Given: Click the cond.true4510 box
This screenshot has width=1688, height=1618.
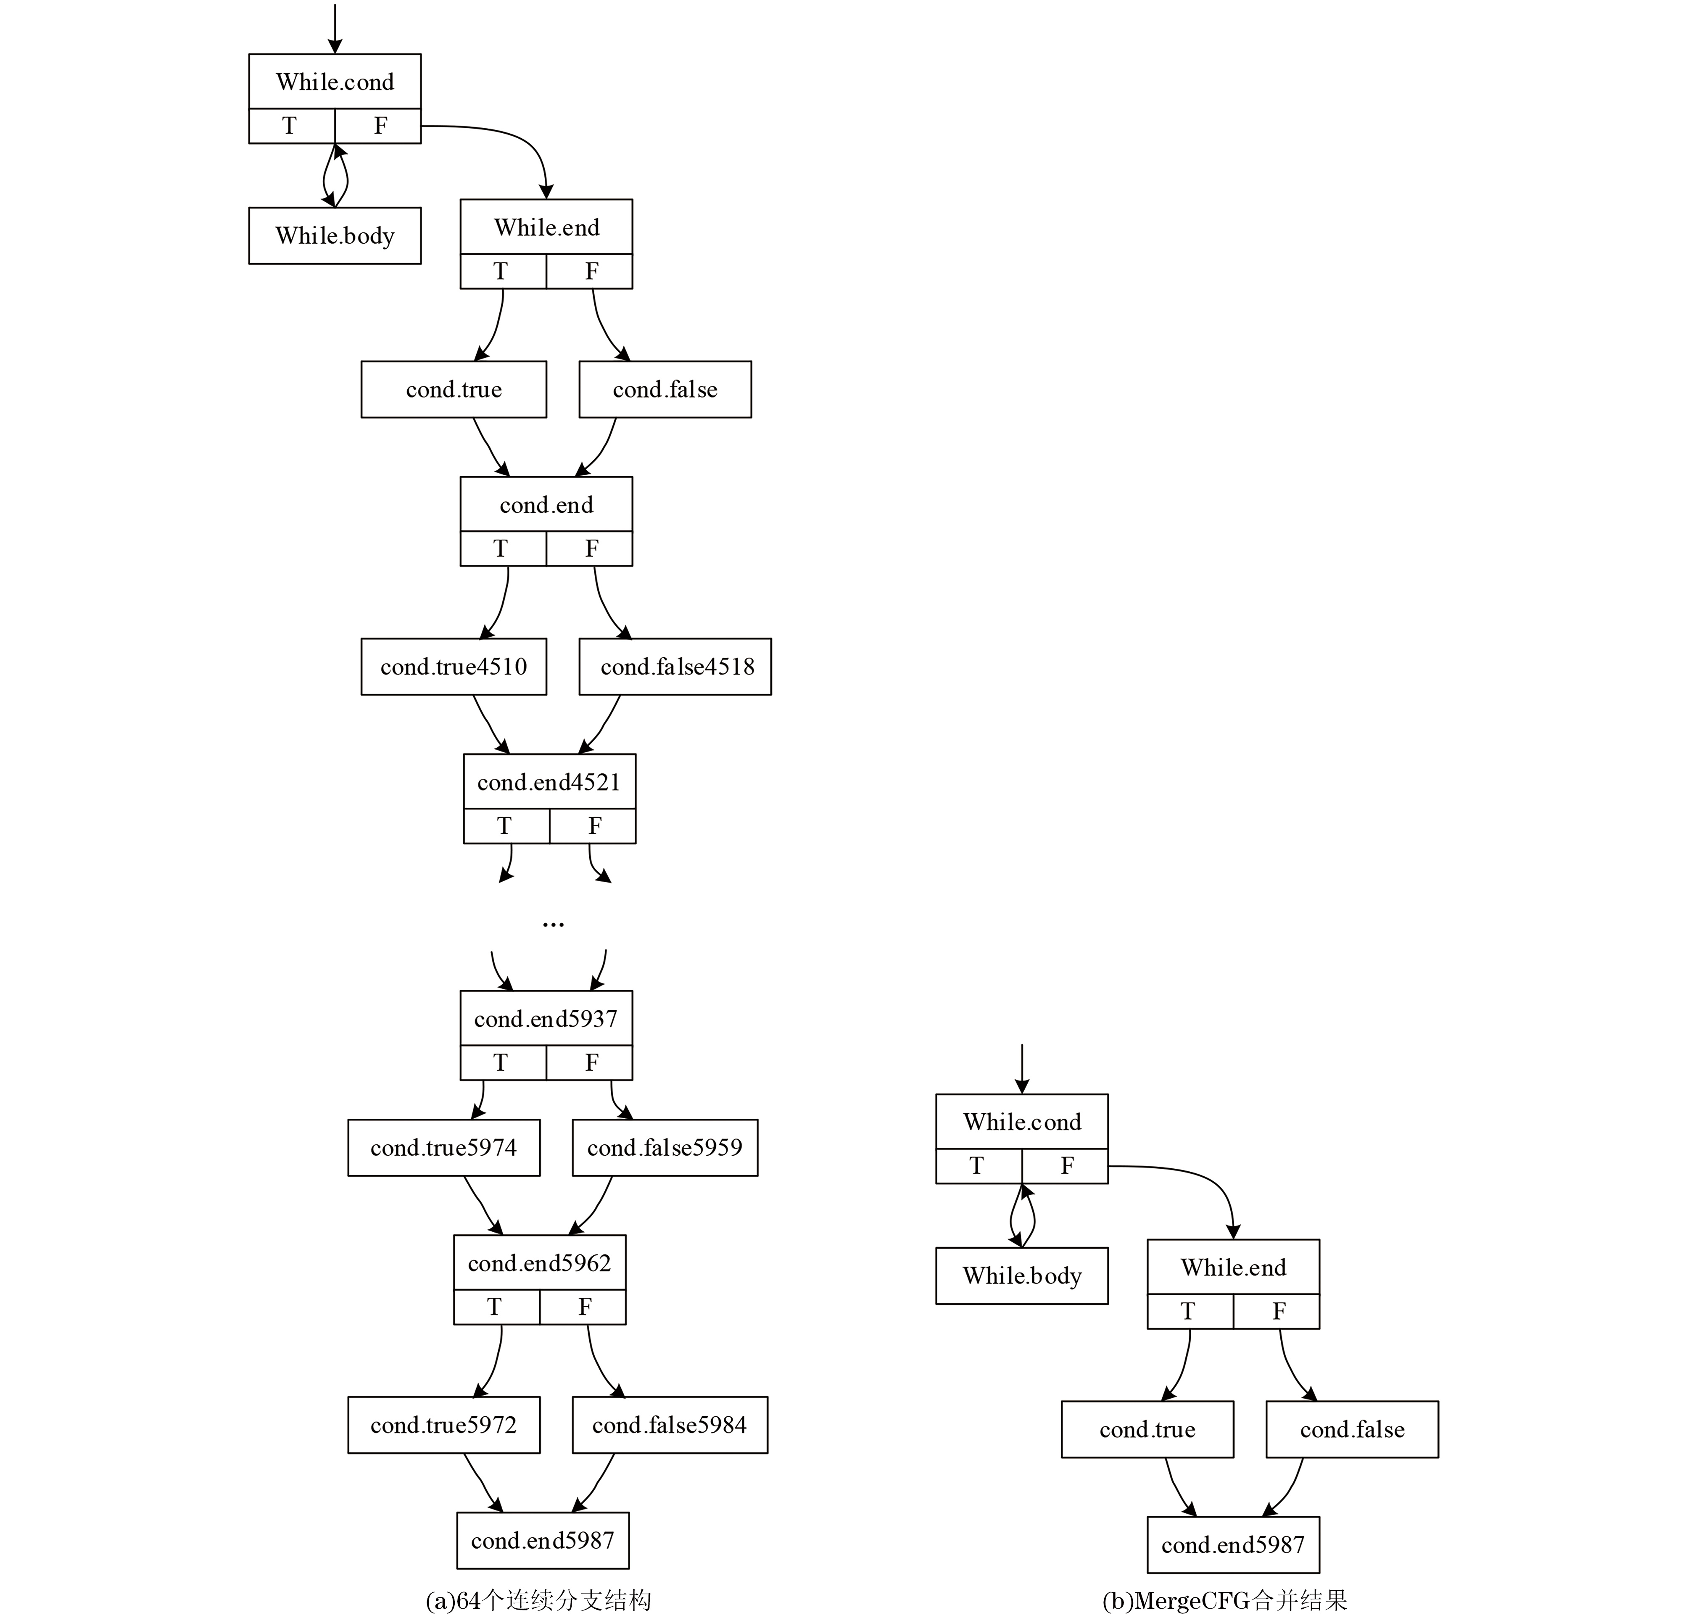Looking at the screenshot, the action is pos(454,667).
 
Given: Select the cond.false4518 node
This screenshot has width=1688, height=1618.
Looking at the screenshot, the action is pos(675,667).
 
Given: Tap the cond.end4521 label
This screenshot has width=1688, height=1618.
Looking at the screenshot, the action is pos(549,782).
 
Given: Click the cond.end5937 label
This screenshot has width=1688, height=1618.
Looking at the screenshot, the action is pos(546,1019).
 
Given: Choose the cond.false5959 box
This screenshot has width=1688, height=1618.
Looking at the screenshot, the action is pos(665,1148).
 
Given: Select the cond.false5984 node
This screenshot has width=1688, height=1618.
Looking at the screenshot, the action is pos(670,1425).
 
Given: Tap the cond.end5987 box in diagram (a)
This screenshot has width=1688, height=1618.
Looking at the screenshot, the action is pos(543,1541).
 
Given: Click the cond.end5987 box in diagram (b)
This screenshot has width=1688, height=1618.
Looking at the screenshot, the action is pos(1233,1545).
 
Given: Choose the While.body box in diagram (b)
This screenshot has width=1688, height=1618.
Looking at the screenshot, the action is pos(1022,1275).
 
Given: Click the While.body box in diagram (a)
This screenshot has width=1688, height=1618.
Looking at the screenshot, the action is pos(335,235).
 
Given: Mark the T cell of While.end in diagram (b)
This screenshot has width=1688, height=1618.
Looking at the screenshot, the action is pos(1190,1312).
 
